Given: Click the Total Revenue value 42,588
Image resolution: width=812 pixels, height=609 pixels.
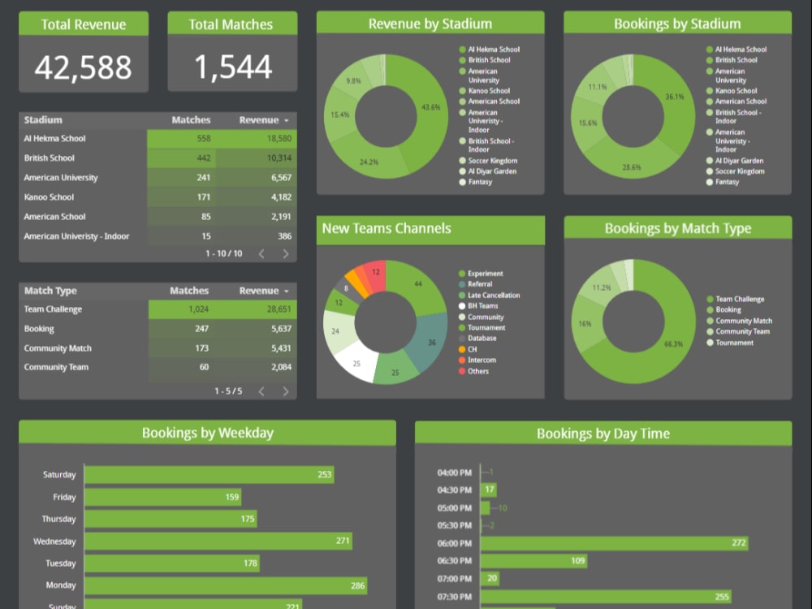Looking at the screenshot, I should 83,67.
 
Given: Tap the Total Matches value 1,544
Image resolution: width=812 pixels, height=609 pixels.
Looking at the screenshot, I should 232,67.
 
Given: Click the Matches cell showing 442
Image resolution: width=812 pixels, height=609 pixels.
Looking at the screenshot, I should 203,158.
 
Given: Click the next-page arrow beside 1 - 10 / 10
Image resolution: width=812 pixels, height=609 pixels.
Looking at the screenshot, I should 286,254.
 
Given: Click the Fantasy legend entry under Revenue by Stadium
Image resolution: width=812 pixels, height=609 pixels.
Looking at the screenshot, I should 480,182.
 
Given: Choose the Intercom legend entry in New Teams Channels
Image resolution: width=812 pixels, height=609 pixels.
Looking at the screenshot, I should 482,361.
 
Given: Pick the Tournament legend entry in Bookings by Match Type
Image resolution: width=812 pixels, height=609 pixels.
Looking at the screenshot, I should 734,343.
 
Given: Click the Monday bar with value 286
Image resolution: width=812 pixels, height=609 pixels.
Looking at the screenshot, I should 225,585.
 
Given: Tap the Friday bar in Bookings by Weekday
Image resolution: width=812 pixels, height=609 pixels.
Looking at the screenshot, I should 162,497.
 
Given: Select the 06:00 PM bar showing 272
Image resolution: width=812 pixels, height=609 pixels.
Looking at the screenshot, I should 614,543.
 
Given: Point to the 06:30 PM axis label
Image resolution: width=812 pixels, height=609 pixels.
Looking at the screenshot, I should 454,561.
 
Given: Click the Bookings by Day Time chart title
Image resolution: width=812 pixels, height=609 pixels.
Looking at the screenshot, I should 603,434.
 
